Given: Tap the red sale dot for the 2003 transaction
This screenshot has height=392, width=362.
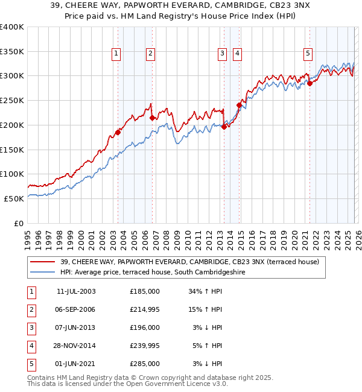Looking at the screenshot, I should point(118,132).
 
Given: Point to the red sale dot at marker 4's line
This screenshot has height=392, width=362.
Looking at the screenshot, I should point(239,105).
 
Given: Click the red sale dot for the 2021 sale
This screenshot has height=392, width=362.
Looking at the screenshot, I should point(310,83).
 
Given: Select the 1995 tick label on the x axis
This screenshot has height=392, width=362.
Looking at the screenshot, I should point(28,236).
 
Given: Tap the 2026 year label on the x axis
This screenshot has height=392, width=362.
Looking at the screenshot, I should point(357,236).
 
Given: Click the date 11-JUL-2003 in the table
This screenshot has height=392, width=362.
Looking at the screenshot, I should point(75,291).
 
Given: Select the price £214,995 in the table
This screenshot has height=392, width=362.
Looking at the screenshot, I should point(145,309).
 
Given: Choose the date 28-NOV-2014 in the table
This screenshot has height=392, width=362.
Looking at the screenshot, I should point(76,346).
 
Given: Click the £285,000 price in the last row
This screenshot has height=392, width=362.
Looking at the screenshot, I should point(145,364).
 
